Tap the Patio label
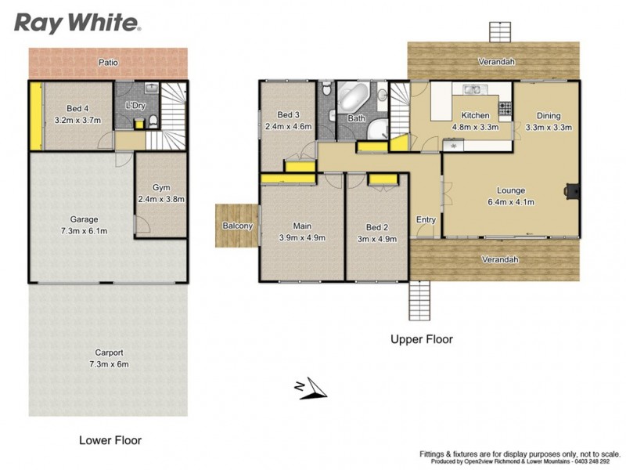108,61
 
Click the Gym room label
161,188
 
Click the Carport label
109,352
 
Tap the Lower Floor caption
110,440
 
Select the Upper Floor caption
422,339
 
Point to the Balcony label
237,226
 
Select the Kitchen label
475,115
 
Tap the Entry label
426,219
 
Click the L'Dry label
137,106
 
